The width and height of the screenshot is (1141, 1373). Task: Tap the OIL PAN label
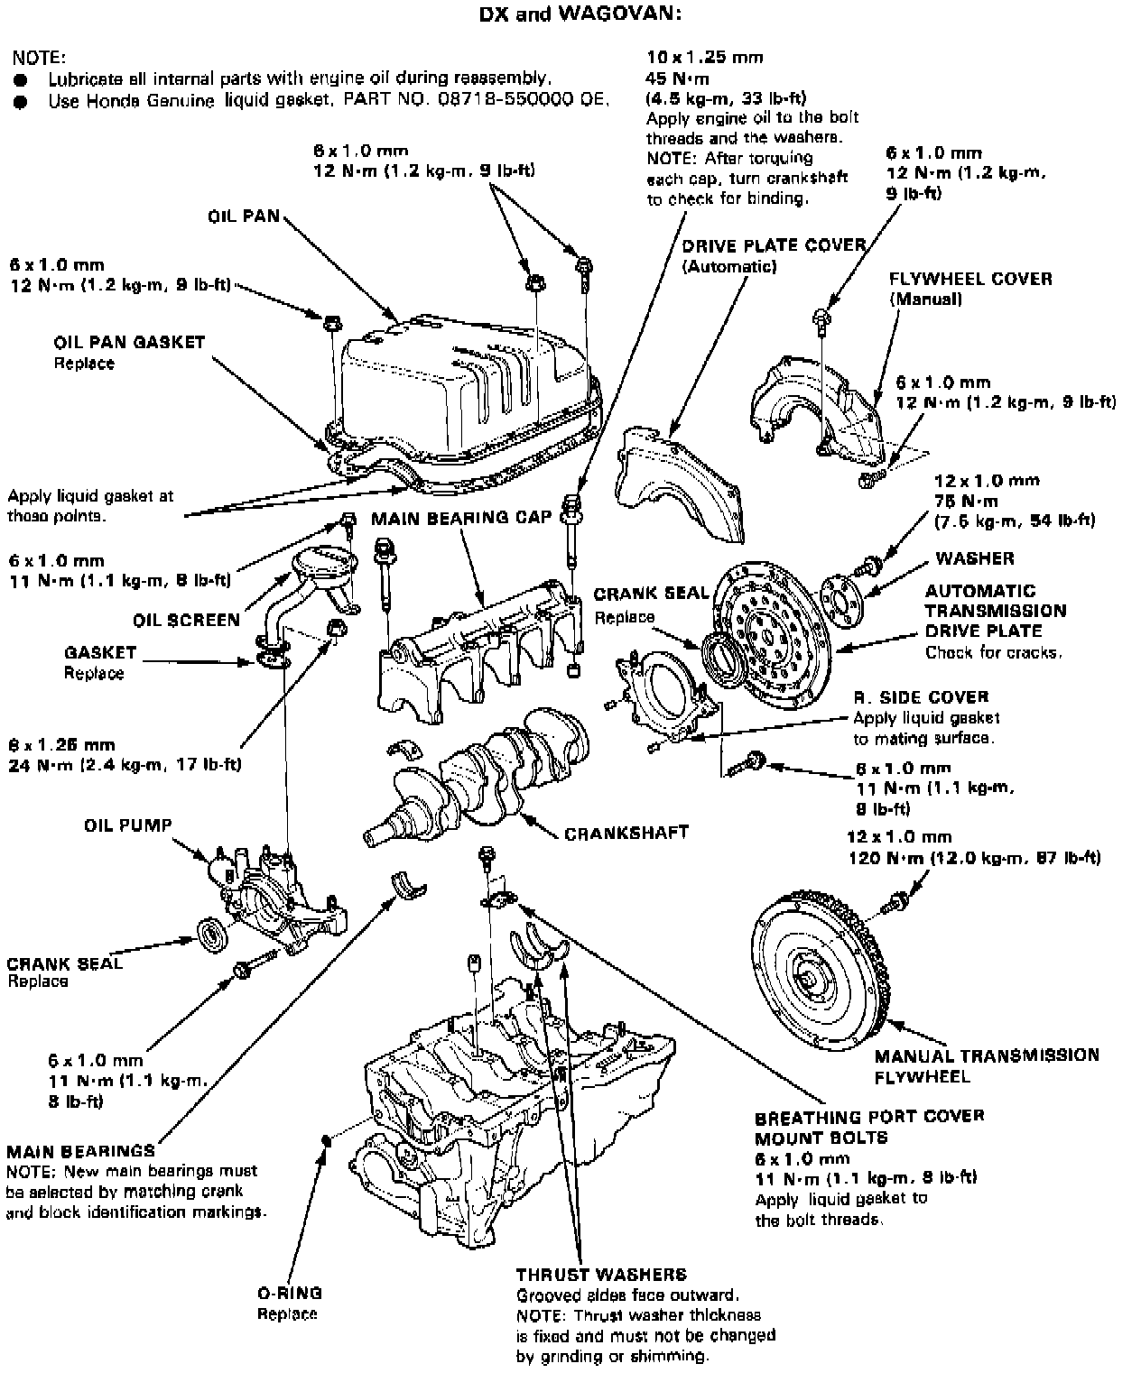(244, 217)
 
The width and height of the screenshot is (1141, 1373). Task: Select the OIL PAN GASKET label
(129, 343)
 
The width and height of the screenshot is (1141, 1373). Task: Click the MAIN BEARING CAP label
(460, 519)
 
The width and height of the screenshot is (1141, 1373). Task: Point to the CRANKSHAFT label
(626, 833)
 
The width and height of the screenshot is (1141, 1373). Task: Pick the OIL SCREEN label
(186, 620)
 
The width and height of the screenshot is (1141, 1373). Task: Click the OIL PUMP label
(127, 825)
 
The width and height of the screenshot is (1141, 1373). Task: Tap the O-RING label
(289, 1294)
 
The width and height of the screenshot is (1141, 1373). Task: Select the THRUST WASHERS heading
(600, 1275)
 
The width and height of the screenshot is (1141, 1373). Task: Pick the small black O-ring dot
(328, 1141)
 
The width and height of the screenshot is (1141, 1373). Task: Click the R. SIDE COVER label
(921, 697)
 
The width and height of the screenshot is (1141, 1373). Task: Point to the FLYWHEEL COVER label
(970, 279)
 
